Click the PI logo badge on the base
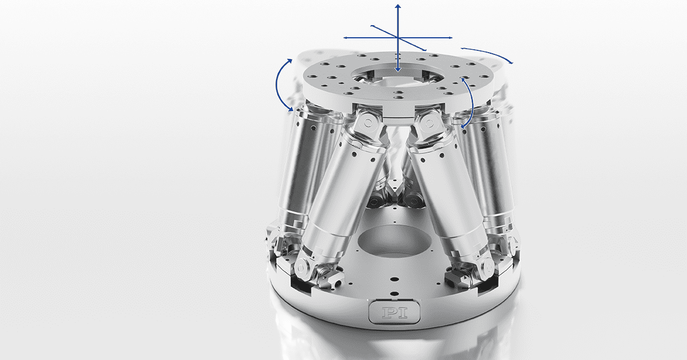tap(392, 312)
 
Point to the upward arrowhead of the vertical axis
tap(398, 6)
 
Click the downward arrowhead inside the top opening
tap(398, 70)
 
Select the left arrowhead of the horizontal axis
tap(346, 38)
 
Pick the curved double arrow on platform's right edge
tap(471, 103)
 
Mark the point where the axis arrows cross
tap(398, 38)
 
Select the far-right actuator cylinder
tap(489, 166)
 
